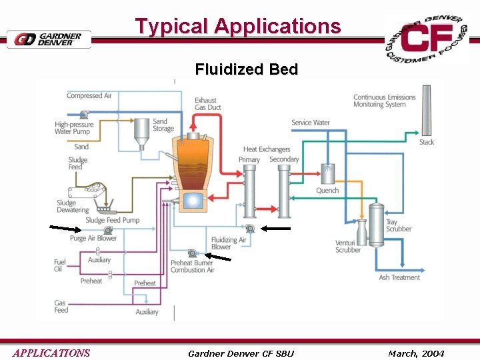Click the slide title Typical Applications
point(238,26)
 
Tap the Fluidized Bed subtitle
point(246,69)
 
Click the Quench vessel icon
point(327,174)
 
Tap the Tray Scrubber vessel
point(377,223)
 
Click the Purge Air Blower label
point(93,238)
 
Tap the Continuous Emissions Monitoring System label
point(384,101)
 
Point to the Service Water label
point(310,123)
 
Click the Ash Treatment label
point(399,277)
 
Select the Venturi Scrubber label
point(347,246)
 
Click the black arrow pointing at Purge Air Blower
point(65,229)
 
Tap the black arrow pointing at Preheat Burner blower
point(217,257)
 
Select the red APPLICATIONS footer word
point(51,353)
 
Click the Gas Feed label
point(61,307)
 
